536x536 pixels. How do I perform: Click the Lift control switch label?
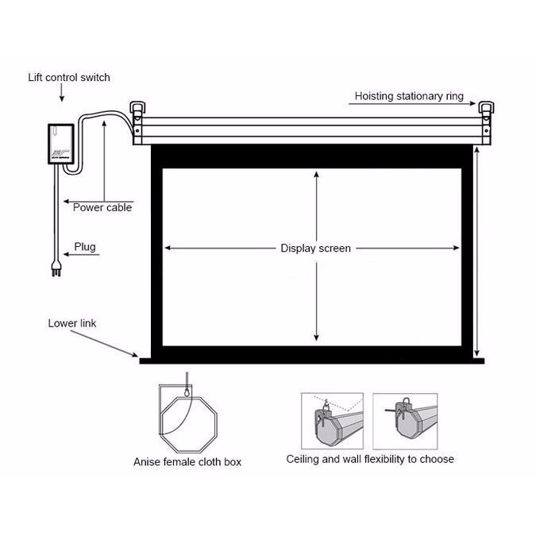pyautogui.click(x=69, y=78)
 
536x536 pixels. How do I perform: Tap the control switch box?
pyautogui.click(x=61, y=144)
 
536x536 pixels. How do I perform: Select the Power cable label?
pyautogui.click(x=102, y=207)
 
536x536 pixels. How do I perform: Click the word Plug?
pyautogui.click(x=85, y=247)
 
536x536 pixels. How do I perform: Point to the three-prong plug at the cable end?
pyautogui.click(x=56, y=268)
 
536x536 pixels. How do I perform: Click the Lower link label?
pyautogui.click(x=72, y=323)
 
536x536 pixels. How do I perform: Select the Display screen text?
pyautogui.click(x=315, y=249)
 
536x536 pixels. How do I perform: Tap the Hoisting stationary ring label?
pyautogui.click(x=409, y=96)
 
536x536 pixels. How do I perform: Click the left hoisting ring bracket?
pyautogui.click(x=137, y=109)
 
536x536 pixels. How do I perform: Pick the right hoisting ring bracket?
pyautogui.click(x=486, y=109)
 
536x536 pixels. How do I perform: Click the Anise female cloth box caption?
pyautogui.click(x=187, y=462)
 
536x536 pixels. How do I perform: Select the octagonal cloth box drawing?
pyautogui.click(x=188, y=424)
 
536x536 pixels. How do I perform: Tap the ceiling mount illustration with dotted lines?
pyautogui.click(x=332, y=421)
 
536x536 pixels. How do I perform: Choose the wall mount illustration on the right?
pyautogui.click(x=405, y=421)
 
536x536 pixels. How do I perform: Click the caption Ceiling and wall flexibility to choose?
pyautogui.click(x=370, y=459)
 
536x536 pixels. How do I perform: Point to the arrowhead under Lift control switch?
pyautogui.click(x=62, y=98)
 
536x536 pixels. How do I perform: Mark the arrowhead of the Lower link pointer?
pyautogui.click(x=135, y=355)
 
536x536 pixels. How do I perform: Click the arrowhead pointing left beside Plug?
pyautogui.click(x=67, y=254)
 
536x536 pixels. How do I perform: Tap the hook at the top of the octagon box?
pyautogui.click(x=187, y=391)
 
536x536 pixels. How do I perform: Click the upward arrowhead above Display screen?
pyautogui.click(x=317, y=175)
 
